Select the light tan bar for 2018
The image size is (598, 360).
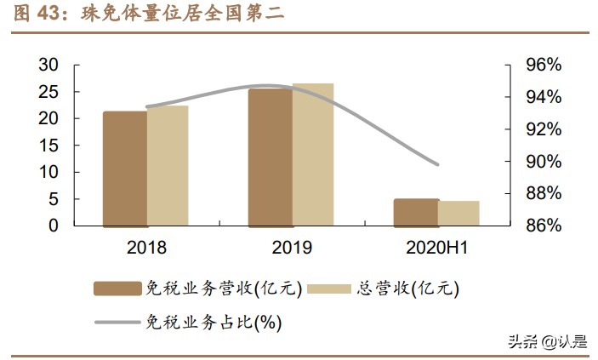point(168,166)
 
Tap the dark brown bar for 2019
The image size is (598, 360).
point(271,157)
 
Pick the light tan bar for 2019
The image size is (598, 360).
point(313,155)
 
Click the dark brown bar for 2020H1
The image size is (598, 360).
point(416,213)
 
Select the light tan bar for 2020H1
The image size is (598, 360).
point(458,214)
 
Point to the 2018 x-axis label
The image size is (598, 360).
point(145,248)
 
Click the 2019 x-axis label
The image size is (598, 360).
point(292,248)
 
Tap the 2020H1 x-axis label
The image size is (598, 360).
point(437,248)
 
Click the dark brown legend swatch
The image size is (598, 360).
point(117,288)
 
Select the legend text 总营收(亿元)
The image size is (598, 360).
point(407,288)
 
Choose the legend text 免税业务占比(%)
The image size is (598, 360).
point(214,322)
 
